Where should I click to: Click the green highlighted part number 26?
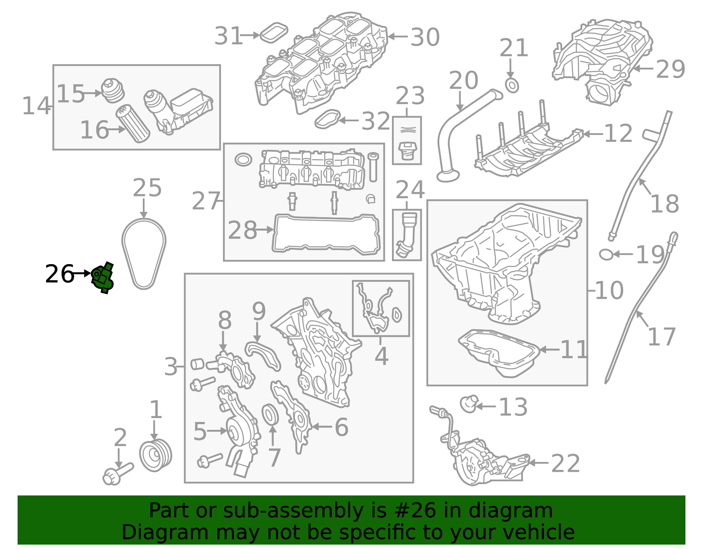pos(102,277)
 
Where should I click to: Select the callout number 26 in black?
pos(60,274)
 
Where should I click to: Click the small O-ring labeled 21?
pos(512,85)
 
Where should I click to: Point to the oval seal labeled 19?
pos(606,254)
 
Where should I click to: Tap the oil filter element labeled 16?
pos(133,124)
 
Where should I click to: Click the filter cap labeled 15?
pos(112,90)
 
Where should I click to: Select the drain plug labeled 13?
pos(468,404)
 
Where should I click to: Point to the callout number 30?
pos(425,37)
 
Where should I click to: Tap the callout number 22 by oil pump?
pos(565,463)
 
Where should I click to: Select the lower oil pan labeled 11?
pos(499,353)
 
